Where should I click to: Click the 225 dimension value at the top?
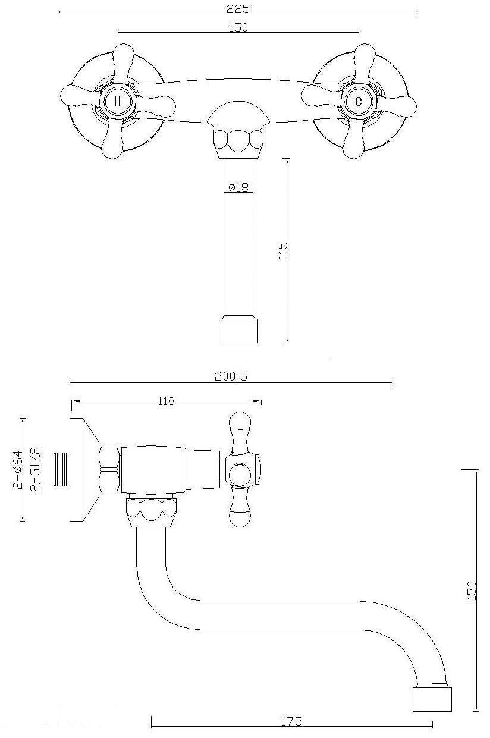(238, 8)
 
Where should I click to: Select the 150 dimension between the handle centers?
(238, 27)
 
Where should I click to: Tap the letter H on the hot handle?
(117, 101)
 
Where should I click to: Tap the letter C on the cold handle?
(358, 101)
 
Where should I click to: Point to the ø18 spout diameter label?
(237, 187)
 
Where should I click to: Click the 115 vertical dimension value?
(283, 250)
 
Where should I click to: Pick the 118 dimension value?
(167, 401)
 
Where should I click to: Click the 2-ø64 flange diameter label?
(17, 470)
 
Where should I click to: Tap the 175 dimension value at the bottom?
(291, 721)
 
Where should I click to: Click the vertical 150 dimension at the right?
(472, 590)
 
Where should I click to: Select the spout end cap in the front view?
(238, 331)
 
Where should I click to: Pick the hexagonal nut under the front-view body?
(238, 142)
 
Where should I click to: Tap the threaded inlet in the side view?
(61, 470)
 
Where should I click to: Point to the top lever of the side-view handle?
(240, 429)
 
